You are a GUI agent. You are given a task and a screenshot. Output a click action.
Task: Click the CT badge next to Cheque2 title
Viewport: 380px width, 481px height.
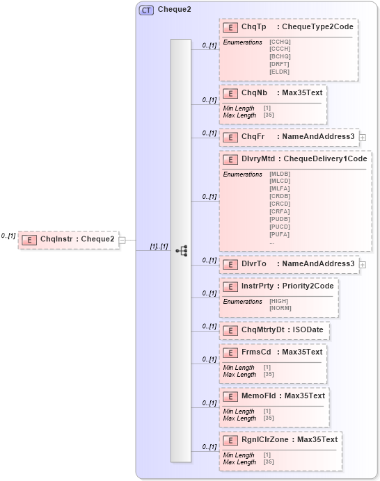pos(146,10)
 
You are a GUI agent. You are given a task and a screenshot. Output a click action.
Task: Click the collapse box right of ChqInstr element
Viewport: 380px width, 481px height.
pos(122,240)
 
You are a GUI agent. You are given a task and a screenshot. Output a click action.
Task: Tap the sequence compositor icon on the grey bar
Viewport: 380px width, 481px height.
pos(180,250)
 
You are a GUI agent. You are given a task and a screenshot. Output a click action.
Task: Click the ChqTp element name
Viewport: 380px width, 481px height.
pos(253,27)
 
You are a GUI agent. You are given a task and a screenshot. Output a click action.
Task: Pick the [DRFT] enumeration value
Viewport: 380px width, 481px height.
pos(279,64)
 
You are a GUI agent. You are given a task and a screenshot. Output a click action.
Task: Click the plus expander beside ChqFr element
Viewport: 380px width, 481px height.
pos(363,138)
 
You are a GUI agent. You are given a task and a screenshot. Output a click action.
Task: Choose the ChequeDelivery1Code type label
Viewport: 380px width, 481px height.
pos(324,159)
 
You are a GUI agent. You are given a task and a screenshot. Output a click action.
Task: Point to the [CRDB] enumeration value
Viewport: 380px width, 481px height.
pos(279,196)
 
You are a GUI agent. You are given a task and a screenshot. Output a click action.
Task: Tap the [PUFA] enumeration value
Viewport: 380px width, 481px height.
pos(279,234)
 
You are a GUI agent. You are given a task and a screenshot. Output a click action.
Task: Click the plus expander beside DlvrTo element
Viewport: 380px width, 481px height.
pos(363,265)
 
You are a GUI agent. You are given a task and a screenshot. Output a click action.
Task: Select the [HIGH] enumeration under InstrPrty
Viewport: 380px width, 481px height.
pos(279,301)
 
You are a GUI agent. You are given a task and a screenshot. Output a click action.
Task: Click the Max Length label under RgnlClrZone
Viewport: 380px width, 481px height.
pos(239,462)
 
